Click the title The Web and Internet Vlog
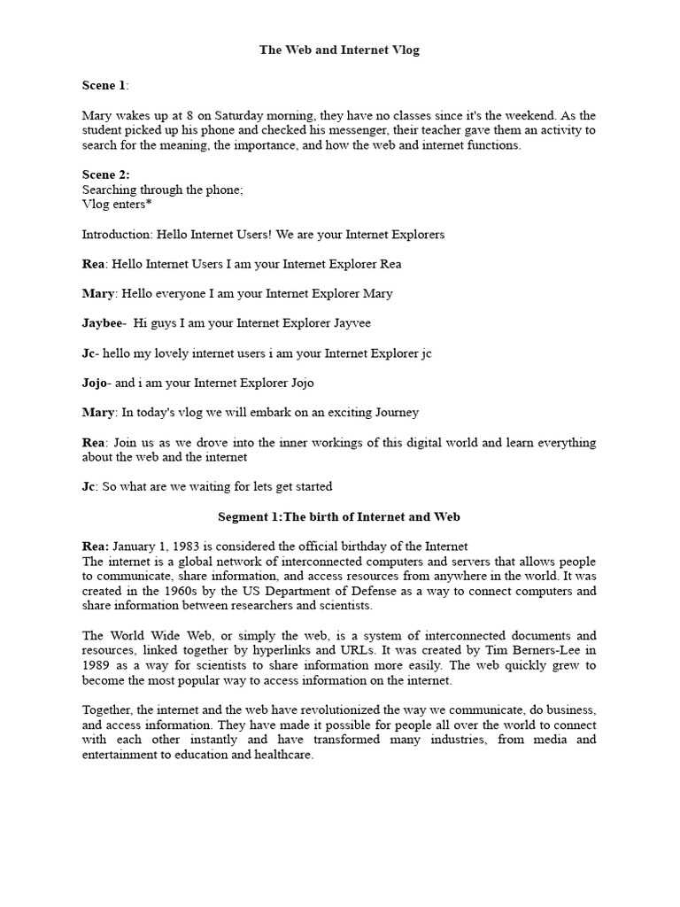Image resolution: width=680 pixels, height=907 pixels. pos(339,50)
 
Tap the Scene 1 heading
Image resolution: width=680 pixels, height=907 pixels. pos(104,86)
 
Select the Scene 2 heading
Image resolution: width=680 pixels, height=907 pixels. pos(104,175)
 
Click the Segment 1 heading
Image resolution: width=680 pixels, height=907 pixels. pos(339,516)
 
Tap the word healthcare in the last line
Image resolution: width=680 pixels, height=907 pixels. pos(282,755)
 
